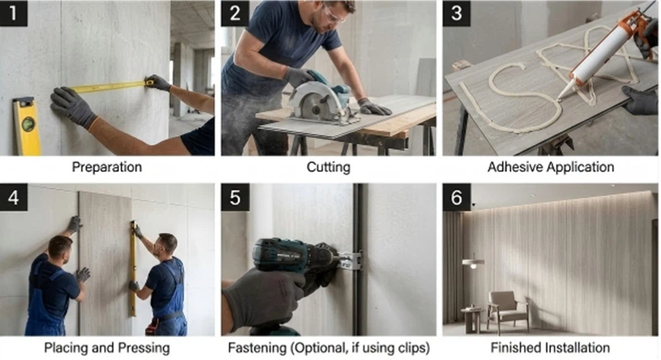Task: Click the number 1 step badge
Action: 13,13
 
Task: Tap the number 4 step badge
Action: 13,197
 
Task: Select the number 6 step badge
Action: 457,197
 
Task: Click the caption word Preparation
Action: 107,167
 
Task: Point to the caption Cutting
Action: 328,167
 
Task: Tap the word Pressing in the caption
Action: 144,348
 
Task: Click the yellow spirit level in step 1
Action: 26,126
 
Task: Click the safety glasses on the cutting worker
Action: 335,15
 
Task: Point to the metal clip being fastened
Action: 350,260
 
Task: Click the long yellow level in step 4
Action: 133,268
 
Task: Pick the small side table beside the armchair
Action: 472,320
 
